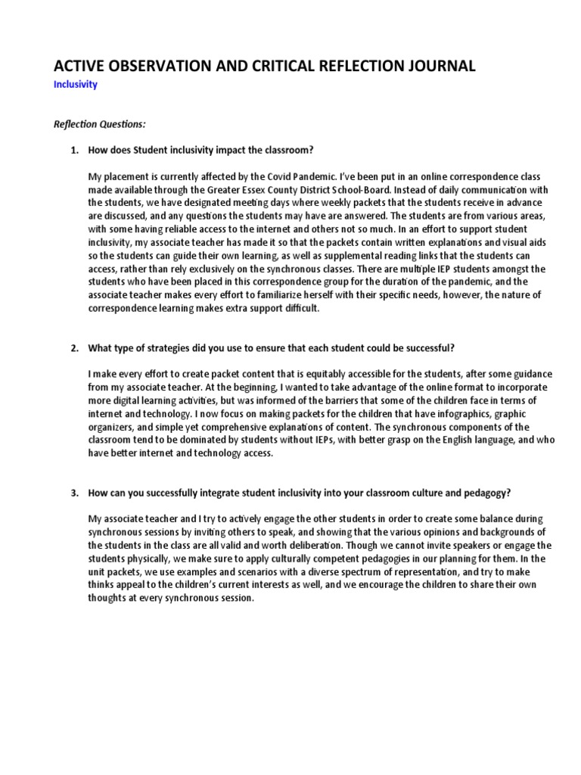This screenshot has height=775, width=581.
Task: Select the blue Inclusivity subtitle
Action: (76, 85)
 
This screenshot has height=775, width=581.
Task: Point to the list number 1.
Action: (74, 150)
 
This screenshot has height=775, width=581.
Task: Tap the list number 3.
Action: (74, 493)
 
